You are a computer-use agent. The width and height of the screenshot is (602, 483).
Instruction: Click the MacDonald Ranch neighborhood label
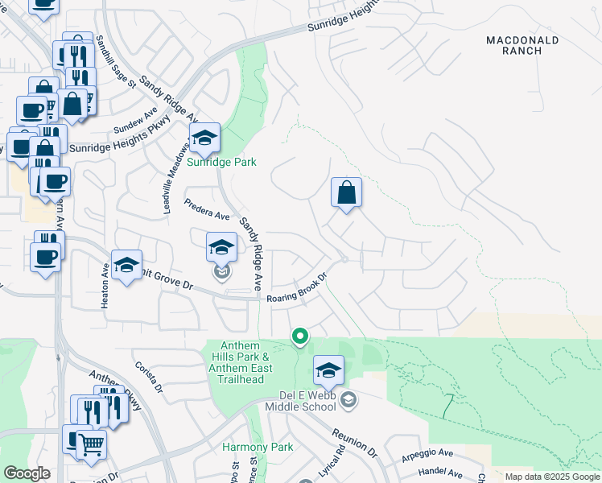522,44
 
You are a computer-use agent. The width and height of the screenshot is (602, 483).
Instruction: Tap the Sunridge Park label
221,162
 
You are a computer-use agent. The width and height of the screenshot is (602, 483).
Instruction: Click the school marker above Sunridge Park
204,138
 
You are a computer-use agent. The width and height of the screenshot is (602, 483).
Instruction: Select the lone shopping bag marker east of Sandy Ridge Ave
346,193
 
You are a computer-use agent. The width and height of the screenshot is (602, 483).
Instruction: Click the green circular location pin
300,336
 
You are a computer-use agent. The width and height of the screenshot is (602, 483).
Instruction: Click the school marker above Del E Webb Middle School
328,370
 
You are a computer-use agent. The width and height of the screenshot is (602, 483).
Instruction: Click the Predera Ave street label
207,209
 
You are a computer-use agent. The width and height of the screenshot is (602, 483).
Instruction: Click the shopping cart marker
92,443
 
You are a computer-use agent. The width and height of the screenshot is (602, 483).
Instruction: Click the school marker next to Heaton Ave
126,266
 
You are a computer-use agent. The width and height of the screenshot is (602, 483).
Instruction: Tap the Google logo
27,473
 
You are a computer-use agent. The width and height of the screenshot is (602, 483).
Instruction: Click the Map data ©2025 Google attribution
551,477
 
